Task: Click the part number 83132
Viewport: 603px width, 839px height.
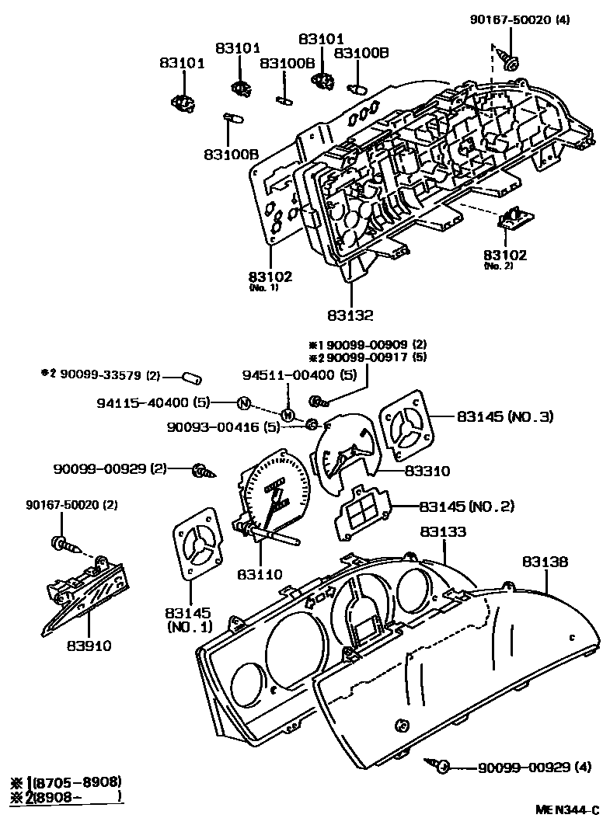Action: point(350,315)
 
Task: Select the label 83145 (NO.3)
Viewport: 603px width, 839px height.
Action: point(504,416)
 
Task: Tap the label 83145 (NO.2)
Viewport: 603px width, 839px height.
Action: point(466,507)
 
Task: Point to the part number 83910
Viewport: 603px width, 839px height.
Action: point(89,646)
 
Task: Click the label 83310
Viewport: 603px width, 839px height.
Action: point(426,471)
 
